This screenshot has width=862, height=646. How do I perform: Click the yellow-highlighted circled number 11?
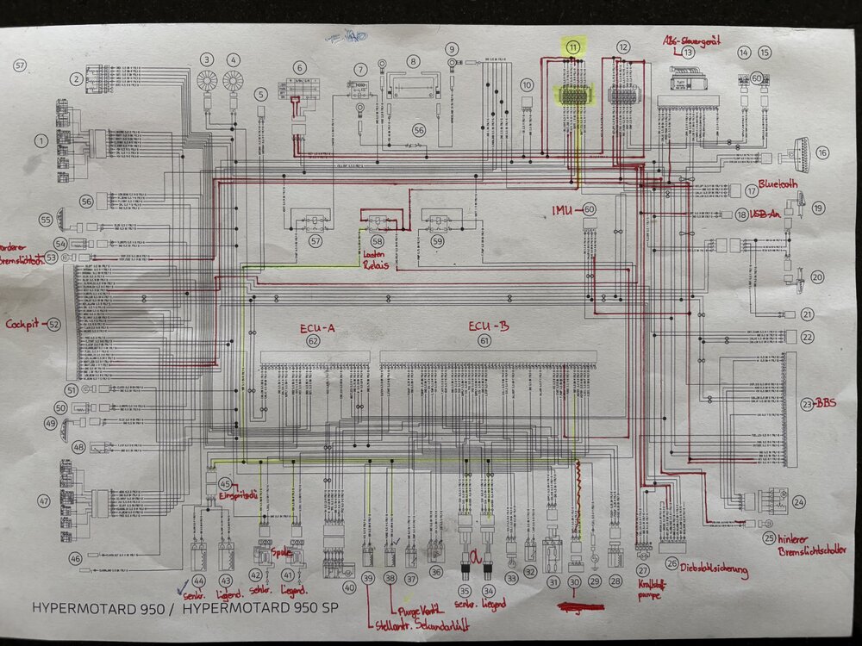tap(573, 48)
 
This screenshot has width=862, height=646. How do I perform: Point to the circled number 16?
tap(821, 152)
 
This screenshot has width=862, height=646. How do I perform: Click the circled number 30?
tap(575, 583)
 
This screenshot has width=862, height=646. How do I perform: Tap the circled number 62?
tap(312, 341)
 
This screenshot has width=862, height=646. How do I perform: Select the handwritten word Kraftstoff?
tap(643, 583)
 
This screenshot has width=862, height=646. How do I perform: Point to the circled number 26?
tap(671, 564)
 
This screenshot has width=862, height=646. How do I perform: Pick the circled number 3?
tap(207, 59)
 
